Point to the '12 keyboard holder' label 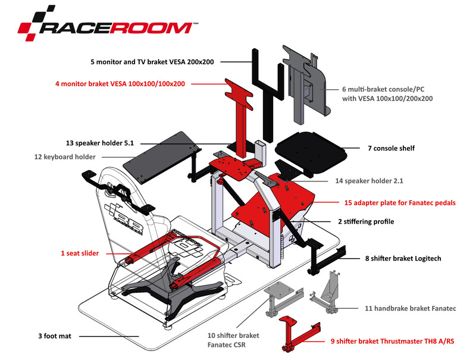click(65, 157)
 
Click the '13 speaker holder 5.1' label click(100, 143)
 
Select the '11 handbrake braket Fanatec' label click(410, 308)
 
